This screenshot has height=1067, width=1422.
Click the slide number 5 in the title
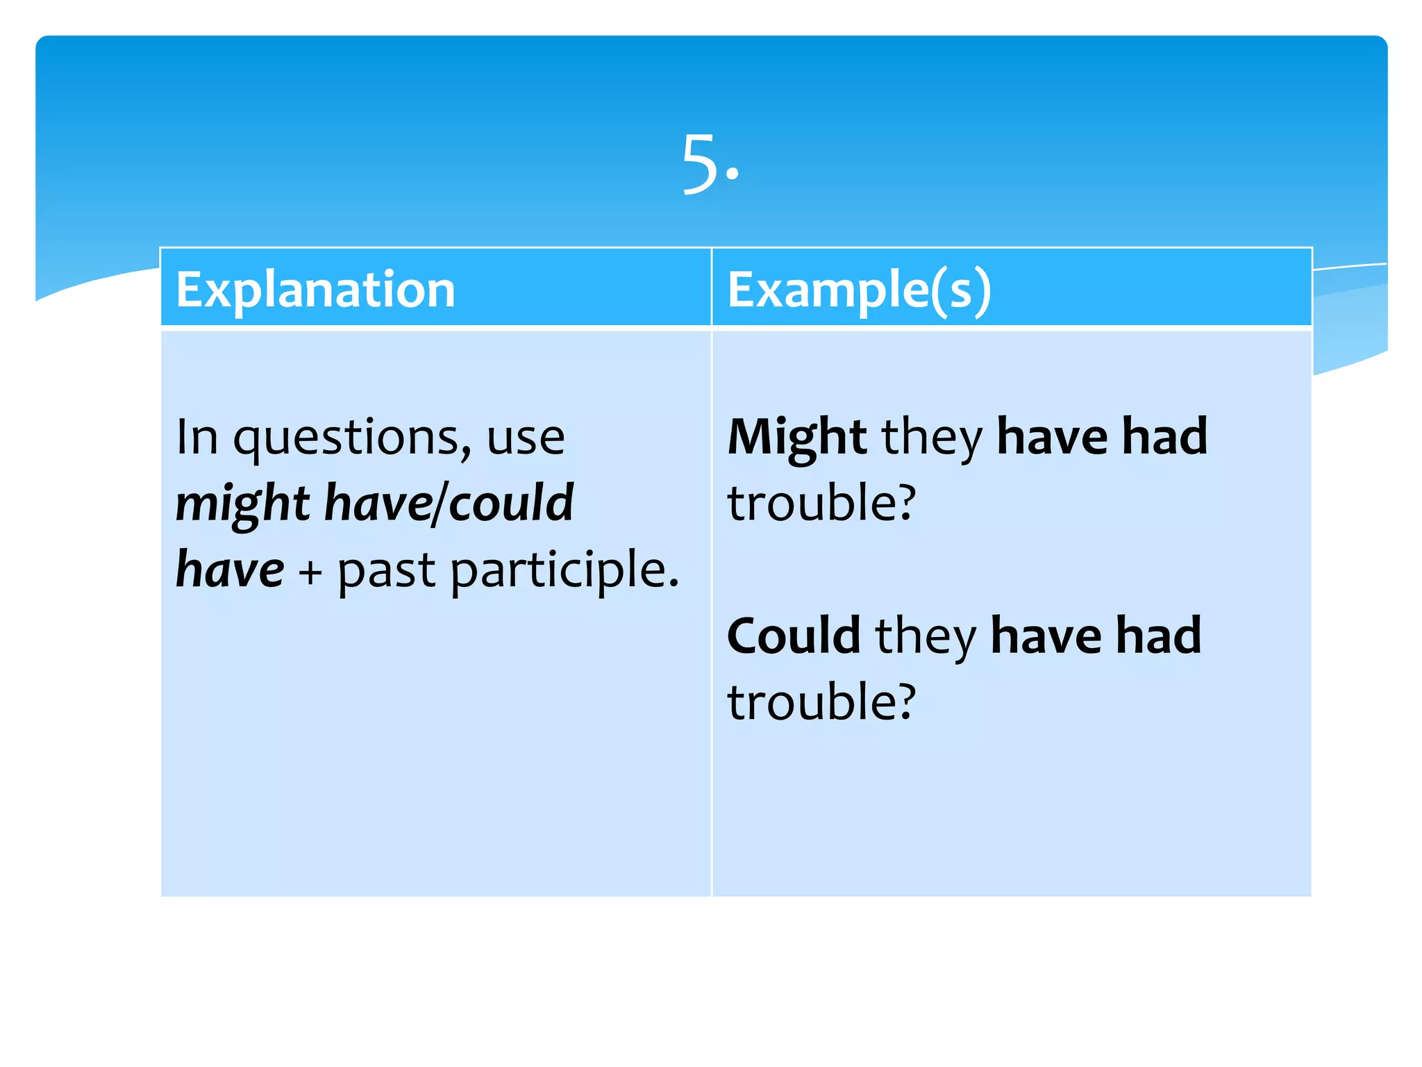coord(701,164)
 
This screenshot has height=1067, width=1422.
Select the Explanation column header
coord(315,289)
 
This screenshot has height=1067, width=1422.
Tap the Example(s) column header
coord(859,289)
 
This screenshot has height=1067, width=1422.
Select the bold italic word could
coord(511,503)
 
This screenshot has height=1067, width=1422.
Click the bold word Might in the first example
coord(796,438)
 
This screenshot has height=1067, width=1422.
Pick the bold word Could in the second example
coord(794,636)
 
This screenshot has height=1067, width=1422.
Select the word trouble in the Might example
coord(821,503)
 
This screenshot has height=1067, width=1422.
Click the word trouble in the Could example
coord(821,702)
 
